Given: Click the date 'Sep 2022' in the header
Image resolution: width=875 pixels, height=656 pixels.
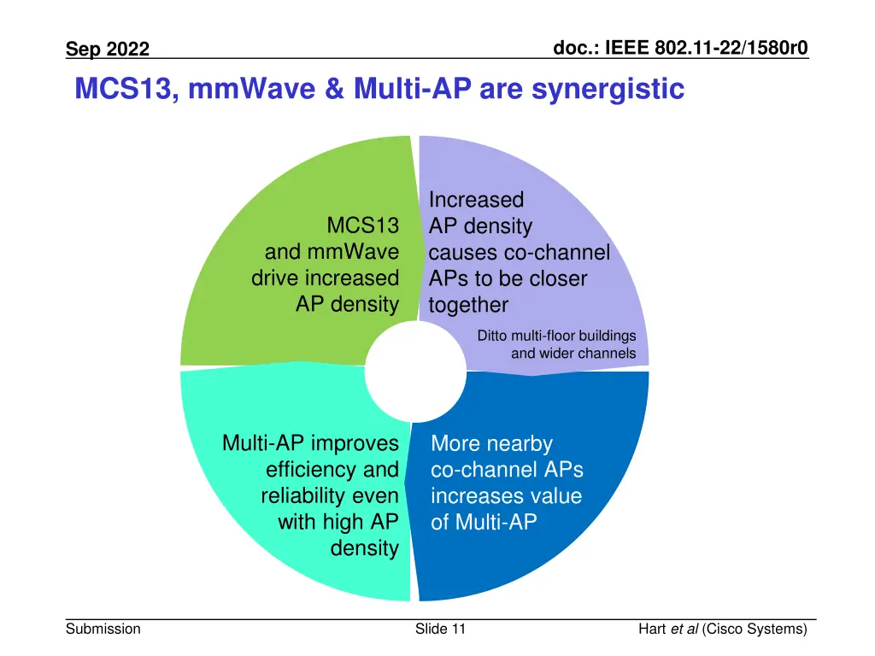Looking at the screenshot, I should [x=108, y=50].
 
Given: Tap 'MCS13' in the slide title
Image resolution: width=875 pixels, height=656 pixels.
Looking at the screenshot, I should [x=126, y=89].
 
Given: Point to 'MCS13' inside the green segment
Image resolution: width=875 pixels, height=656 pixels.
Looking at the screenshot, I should [x=363, y=226].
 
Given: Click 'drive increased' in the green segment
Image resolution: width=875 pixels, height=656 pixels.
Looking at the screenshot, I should [x=325, y=278].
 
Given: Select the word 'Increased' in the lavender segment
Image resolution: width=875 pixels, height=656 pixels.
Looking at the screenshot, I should [x=476, y=200].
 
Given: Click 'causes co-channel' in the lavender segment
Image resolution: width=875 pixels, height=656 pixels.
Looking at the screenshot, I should [x=519, y=253].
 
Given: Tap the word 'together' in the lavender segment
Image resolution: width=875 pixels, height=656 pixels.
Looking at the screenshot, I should [x=468, y=305].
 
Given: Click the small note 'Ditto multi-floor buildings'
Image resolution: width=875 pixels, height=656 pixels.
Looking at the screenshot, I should [x=556, y=336].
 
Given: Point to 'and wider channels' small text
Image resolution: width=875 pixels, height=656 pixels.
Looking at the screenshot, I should [x=573, y=354].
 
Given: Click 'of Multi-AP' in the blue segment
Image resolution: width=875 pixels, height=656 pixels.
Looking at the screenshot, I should [x=484, y=523].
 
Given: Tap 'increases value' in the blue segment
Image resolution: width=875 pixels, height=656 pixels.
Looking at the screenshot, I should [x=506, y=496].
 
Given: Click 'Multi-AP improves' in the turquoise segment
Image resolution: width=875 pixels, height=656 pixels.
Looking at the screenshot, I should [x=310, y=443].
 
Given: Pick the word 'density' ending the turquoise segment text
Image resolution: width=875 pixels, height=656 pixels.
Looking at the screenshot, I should [x=364, y=548].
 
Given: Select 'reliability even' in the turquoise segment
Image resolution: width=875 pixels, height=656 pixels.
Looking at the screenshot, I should [x=330, y=496].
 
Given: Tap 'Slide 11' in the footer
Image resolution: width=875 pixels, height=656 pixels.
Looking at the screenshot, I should [x=440, y=630].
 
